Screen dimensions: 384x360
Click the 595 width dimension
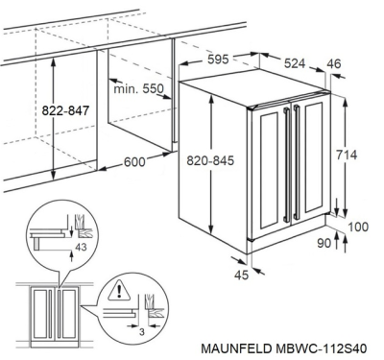pos(218,60)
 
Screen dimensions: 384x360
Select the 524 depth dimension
pos(295,63)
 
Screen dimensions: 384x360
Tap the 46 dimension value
pos(334,63)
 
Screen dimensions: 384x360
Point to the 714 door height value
pos(347,155)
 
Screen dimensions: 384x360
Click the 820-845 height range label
pos(210,160)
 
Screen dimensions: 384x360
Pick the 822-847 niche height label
pos(65,110)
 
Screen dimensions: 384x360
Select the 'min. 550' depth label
pos(138,88)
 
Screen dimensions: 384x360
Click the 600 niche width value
pos(134,162)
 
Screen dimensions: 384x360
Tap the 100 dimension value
pos(358,227)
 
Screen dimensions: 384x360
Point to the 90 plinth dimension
pos(324,243)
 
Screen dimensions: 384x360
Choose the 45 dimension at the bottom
pos(241,275)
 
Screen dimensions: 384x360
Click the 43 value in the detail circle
pos(81,247)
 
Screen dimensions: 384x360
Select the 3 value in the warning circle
pos(142,332)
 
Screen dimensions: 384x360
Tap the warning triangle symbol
pos(119,292)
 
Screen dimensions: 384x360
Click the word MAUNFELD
pos(236,348)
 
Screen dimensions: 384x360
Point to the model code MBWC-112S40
pos(321,348)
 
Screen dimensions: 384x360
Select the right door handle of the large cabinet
pos(296,162)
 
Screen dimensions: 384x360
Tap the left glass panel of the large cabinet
pos(271,171)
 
